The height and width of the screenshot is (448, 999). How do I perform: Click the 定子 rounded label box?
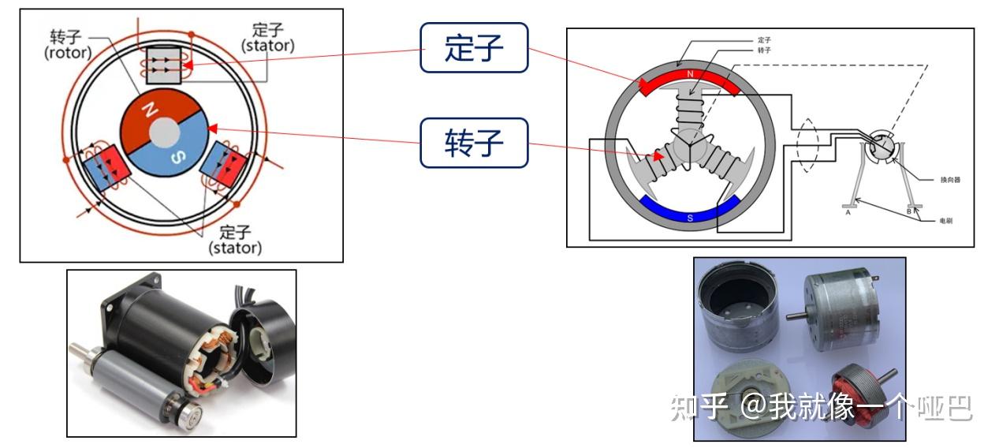coord(473,48)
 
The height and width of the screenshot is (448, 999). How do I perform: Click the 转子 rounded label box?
coord(473,143)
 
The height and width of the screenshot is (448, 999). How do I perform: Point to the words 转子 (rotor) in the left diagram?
coord(68,45)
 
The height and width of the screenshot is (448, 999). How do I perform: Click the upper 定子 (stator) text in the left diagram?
coord(268,38)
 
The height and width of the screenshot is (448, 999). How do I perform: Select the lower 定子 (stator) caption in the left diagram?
coord(235,240)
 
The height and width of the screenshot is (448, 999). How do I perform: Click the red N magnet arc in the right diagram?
coord(690,78)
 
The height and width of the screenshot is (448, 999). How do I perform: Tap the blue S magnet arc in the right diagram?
coord(690,211)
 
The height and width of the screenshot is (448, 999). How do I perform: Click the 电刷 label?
coord(945,221)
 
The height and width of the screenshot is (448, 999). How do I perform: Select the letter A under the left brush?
coord(848,212)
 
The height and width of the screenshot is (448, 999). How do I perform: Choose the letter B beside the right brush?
coord(908,211)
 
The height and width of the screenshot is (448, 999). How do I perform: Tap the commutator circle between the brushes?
coord(880,147)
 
